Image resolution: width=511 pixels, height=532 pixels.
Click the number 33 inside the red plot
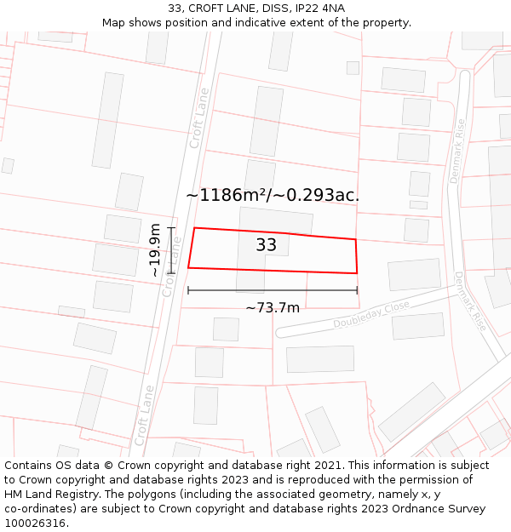pos(266,245)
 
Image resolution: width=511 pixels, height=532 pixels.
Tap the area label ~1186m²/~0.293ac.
pos(273,195)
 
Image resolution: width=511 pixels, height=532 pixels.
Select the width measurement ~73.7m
pos(273,307)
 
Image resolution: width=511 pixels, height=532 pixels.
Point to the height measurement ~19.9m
pos(155,250)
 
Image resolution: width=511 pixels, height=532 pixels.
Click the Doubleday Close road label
pos(371,314)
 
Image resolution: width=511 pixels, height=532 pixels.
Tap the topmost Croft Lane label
pos(199,118)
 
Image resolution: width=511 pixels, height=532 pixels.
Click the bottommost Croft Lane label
pos(144,415)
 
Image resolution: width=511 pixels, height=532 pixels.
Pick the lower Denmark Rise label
pos(469,301)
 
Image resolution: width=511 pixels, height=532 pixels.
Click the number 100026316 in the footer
pos(37,523)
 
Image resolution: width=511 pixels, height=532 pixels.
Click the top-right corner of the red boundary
pos(355,239)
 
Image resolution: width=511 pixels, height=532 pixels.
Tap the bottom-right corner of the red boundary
pos(357,273)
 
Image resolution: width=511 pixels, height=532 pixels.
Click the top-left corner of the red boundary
pos(194,228)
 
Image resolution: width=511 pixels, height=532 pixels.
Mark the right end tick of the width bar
pos(357,290)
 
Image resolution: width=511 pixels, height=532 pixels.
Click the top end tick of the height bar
pos(172,227)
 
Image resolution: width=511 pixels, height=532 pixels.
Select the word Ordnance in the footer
pos(409,509)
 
